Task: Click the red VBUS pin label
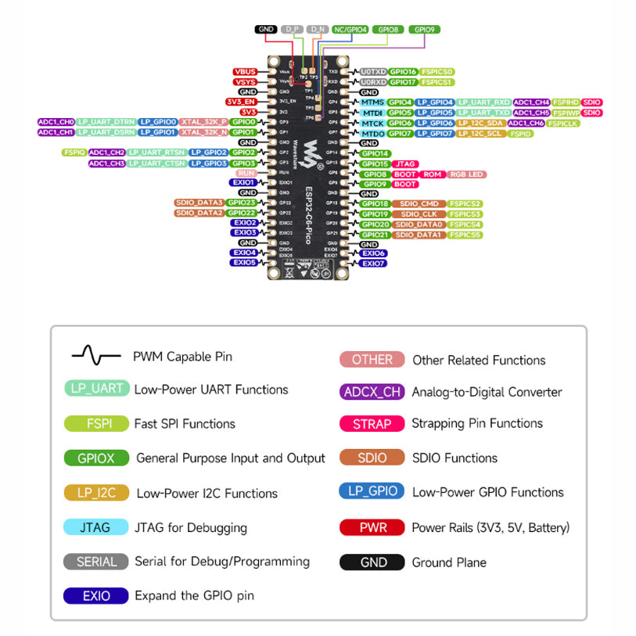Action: [245, 72]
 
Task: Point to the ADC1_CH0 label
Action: [56, 122]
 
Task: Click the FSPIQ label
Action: [74, 153]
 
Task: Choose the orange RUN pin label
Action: [246, 173]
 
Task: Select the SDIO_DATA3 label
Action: [199, 203]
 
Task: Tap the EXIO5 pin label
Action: [244, 263]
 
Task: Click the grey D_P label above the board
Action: [293, 29]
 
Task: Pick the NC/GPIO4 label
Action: [350, 29]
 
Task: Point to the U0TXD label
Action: [372, 72]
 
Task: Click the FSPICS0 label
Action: [437, 72]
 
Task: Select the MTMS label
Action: [372, 102]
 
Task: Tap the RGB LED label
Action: [467, 174]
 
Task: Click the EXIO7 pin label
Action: [374, 264]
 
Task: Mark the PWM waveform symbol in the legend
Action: [96, 356]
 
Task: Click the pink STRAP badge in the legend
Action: [372, 423]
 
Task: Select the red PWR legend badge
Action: [372, 527]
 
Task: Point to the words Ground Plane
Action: [449, 562]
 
